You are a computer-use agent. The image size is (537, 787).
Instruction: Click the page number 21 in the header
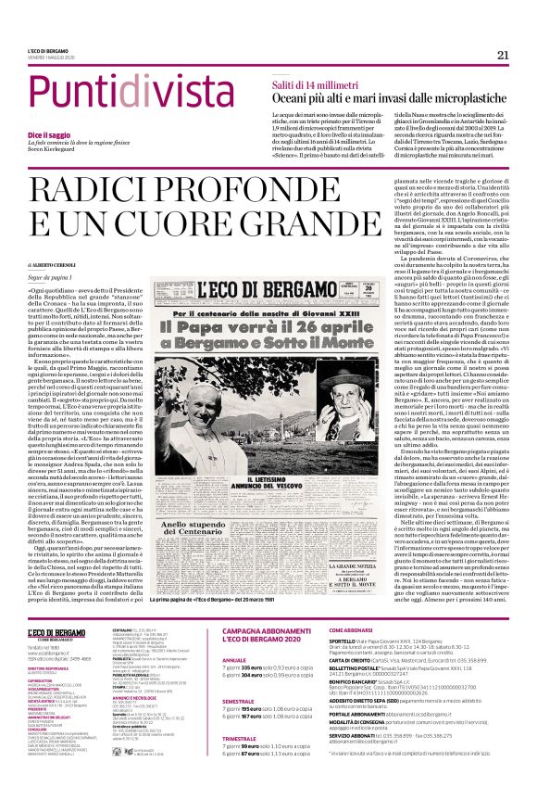[503, 56]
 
